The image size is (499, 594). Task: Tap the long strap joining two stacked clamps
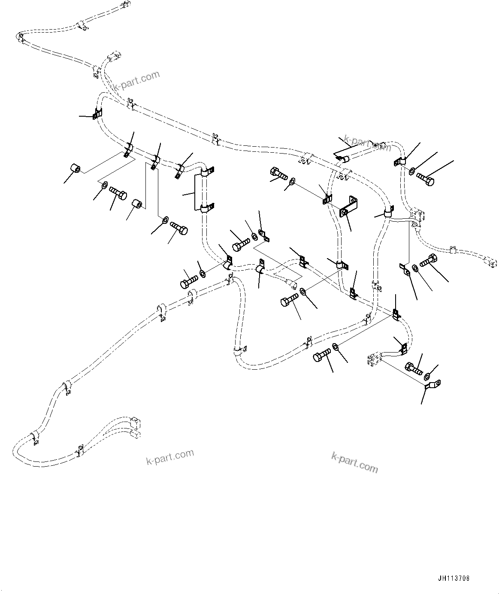(x=199, y=192)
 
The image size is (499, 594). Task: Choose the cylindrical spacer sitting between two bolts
(x=137, y=203)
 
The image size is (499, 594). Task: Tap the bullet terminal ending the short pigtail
(x=292, y=283)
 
